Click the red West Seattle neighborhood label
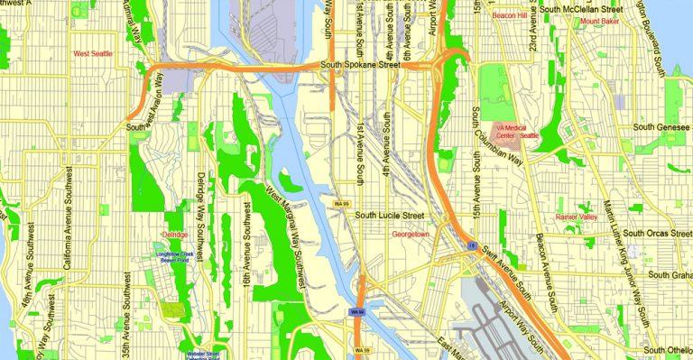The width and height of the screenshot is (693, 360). click(94, 54)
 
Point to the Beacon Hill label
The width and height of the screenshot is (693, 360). click(509, 15)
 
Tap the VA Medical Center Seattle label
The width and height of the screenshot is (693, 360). click(515, 132)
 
